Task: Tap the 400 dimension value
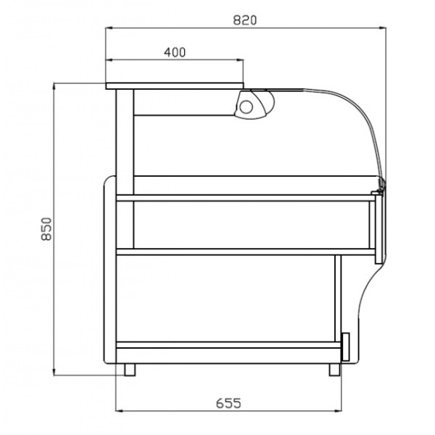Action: click(175, 51)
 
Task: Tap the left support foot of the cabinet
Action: click(129, 369)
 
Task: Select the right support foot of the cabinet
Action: click(333, 369)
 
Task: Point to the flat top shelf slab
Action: click(174, 86)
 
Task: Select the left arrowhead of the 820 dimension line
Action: click(109, 28)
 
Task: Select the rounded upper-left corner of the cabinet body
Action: click(109, 181)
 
